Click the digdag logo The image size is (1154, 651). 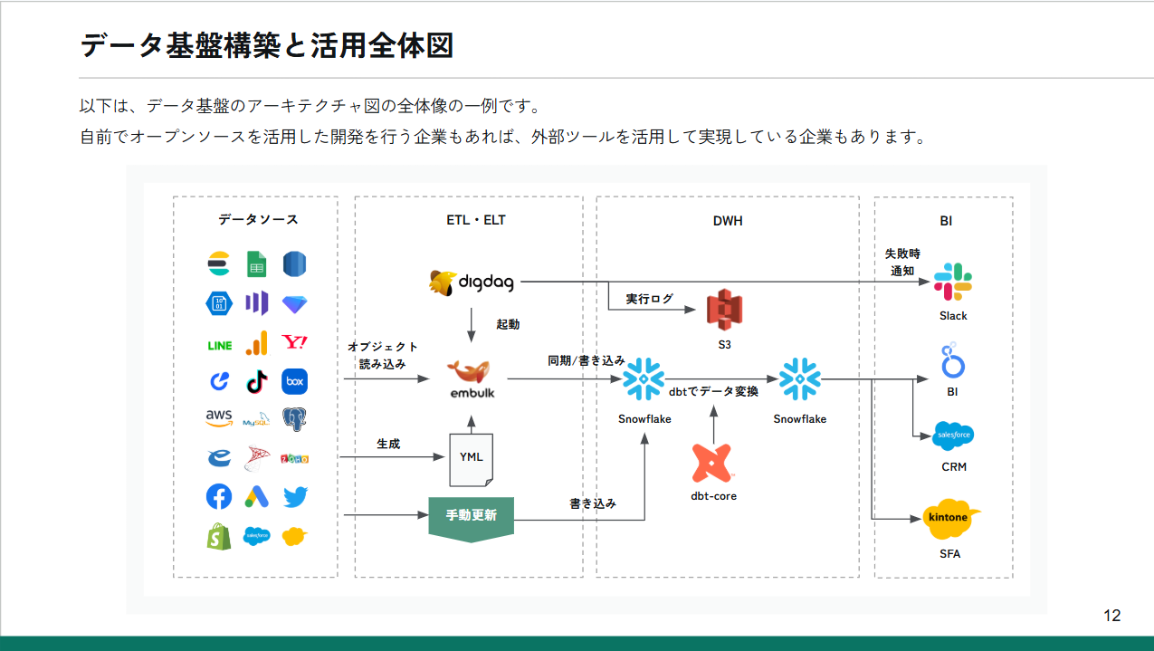coord(471,282)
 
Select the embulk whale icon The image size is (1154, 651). coord(471,371)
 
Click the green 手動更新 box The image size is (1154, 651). coord(471,516)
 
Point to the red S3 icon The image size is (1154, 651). coord(724,311)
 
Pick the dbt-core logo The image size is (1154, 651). coord(713,463)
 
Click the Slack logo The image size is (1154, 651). coord(952,282)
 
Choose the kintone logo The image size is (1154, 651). coord(949,518)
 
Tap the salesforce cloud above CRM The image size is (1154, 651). coord(953,436)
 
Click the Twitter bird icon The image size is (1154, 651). coord(295,496)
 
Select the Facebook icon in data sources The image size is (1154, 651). coord(219,496)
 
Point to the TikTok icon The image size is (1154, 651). coord(257,381)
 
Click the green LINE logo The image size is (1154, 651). coord(219,345)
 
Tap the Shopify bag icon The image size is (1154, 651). coord(218,536)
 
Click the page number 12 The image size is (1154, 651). coord(1112,616)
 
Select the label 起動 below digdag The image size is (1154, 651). coord(508,323)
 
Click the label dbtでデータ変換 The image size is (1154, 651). coord(713,392)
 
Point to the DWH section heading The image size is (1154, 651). coord(727,220)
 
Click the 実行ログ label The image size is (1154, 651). coord(650,299)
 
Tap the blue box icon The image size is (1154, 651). coord(295,381)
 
